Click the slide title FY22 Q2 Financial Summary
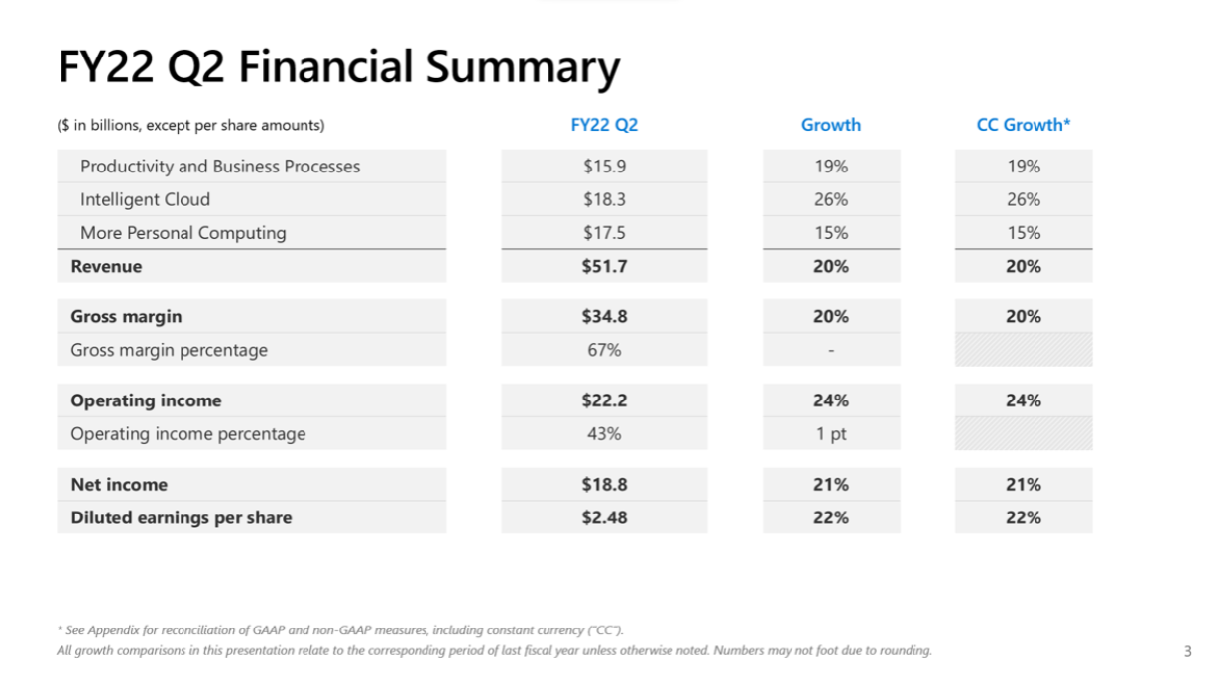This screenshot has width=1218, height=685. (338, 67)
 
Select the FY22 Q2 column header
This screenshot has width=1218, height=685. (604, 125)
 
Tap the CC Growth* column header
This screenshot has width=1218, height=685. (1023, 125)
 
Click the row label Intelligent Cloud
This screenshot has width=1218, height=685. (145, 199)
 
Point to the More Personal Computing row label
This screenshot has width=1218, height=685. (183, 233)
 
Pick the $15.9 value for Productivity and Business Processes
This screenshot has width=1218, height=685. (604, 167)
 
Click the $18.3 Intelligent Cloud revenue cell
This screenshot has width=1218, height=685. (604, 199)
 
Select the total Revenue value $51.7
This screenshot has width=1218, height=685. (604, 266)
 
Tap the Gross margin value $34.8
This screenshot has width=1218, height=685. (604, 316)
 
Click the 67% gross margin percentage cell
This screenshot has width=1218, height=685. (604, 350)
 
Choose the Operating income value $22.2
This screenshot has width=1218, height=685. (604, 400)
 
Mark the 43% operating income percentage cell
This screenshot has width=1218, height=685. (604, 434)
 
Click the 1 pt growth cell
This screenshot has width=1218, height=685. (831, 434)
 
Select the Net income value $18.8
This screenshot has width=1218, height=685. (604, 484)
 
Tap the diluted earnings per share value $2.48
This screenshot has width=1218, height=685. (604, 517)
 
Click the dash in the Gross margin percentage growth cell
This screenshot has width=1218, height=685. (831, 350)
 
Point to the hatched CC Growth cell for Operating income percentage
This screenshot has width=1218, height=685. (1023, 434)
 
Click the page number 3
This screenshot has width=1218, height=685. (1187, 651)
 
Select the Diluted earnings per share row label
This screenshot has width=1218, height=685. (182, 517)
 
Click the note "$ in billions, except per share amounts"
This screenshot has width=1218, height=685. (190, 126)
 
